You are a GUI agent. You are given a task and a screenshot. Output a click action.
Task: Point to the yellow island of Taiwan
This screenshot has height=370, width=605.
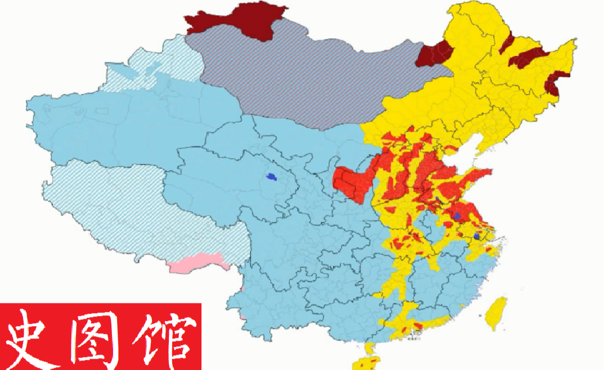tap(496, 313)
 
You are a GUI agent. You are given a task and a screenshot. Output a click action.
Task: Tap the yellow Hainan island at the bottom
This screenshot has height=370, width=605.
tap(369, 360)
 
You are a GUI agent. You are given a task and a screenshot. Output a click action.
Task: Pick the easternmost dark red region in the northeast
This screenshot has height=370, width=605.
tap(557, 82)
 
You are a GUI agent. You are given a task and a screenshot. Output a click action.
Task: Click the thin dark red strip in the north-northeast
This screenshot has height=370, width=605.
tap(507, 44)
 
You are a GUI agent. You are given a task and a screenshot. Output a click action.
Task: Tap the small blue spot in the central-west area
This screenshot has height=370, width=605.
tap(272, 177)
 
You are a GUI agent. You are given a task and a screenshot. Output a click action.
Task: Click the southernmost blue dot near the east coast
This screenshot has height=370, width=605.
tap(477, 237)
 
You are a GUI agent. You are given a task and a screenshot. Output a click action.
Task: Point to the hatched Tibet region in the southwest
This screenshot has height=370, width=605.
tap(141, 214)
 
